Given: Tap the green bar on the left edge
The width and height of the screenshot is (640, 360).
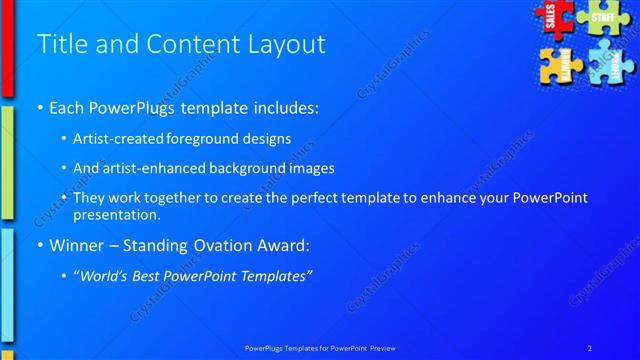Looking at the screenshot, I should (6, 160).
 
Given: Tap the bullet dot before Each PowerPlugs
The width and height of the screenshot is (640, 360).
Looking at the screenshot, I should (39, 107).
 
